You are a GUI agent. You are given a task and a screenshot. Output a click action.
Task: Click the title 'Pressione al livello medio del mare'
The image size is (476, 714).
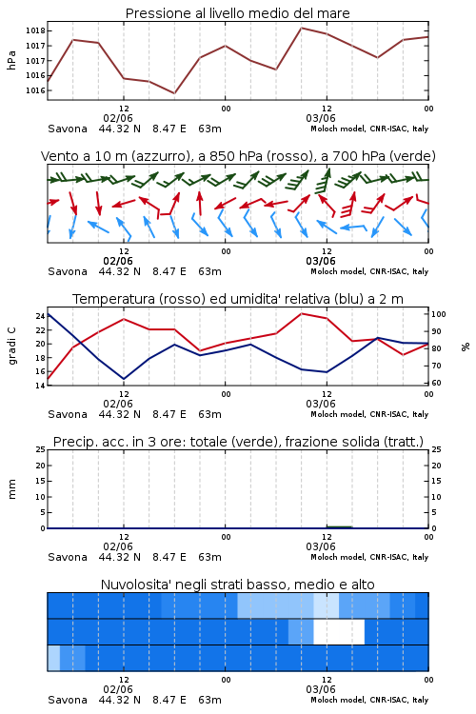click(x=237, y=13)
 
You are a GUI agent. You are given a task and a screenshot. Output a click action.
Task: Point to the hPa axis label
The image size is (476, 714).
click(x=11, y=60)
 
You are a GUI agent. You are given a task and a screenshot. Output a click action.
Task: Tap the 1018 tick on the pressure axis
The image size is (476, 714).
click(x=35, y=31)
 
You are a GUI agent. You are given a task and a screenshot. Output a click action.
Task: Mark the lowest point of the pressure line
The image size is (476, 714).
click(x=174, y=93)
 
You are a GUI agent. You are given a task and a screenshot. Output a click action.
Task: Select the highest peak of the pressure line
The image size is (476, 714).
click(x=301, y=28)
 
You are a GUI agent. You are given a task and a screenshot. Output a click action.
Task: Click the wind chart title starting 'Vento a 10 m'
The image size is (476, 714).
click(x=238, y=156)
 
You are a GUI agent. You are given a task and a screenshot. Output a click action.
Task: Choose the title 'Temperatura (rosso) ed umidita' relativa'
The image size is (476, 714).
click(x=238, y=299)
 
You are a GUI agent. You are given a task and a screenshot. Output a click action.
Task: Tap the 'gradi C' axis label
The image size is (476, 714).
click(x=11, y=346)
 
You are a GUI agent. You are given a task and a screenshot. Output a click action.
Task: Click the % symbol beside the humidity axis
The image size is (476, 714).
click(x=466, y=347)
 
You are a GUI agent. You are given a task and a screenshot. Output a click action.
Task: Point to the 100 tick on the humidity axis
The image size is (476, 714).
click(x=439, y=314)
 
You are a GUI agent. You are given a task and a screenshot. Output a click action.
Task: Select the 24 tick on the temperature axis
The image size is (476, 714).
click(x=40, y=316)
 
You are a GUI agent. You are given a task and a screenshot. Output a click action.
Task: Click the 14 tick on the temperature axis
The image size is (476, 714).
click(x=40, y=386)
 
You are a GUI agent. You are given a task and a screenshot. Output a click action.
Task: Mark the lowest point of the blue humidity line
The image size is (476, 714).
click(x=124, y=379)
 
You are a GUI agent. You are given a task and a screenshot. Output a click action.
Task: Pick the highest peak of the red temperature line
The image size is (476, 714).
click(x=301, y=313)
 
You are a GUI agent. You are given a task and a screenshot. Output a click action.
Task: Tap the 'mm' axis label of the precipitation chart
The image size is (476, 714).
click(x=11, y=488)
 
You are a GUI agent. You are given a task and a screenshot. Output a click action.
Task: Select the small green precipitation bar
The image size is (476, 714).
click(x=339, y=526)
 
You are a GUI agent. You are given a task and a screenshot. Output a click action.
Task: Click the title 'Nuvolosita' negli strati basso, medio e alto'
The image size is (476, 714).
click(x=237, y=585)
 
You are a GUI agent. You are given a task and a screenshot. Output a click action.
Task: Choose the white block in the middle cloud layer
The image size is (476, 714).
click(x=339, y=631)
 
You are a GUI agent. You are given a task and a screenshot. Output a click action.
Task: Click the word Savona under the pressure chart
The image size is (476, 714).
click(x=68, y=129)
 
